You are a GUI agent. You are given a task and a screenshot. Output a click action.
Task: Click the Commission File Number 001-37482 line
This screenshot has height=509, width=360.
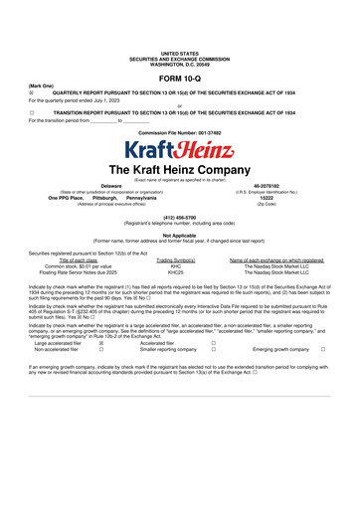tap(179, 131)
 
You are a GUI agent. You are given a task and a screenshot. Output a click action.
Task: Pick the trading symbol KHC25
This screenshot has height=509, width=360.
tap(176, 272)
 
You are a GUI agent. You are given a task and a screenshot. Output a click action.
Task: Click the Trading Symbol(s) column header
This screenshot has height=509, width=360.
tap(176, 259)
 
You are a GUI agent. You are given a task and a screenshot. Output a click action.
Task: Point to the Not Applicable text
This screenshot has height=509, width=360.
tap(179, 235)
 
